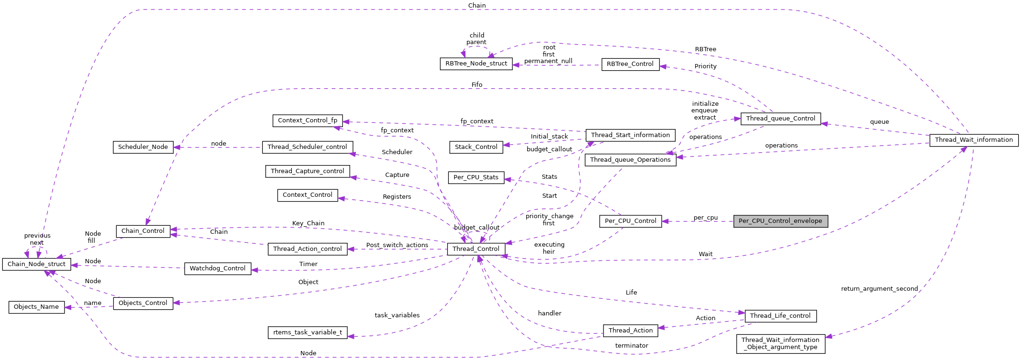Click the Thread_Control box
tap(476, 249)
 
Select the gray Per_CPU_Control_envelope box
tap(780, 221)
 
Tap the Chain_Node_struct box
tap(37, 264)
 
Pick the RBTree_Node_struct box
tap(476, 64)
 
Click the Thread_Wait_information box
tap(974, 140)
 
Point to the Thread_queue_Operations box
tap(630, 160)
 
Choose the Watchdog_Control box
tap(217, 268)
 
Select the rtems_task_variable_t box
tap(307, 332)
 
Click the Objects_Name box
tap(37, 307)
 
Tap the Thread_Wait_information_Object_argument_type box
tap(780, 343)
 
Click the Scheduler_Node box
tap(143, 147)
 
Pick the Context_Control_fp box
tap(307, 120)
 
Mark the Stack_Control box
tap(476, 147)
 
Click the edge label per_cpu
tap(705, 218)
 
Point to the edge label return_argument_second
tap(879, 288)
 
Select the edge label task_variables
tap(397, 315)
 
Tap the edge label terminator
tap(631, 345)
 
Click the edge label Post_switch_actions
tap(397, 245)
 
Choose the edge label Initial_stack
tap(549, 136)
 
